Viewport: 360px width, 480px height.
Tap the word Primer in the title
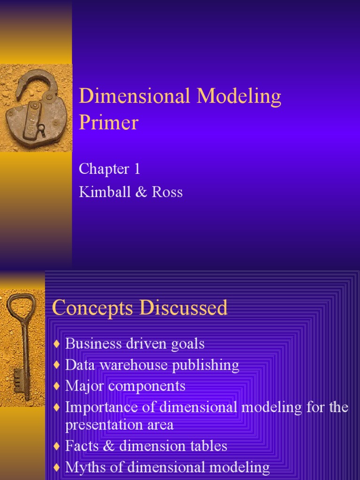tap(109, 122)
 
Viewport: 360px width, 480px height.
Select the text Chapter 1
tap(109, 169)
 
